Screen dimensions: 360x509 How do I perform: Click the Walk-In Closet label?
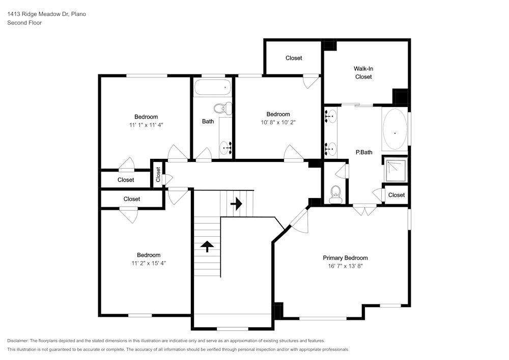point(363,72)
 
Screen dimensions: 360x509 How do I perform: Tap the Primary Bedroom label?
point(345,258)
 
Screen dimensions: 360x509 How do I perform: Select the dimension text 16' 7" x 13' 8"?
point(345,266)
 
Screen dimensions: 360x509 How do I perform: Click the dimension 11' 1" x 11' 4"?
point(146,124)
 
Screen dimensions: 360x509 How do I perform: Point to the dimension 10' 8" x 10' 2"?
point(278,122)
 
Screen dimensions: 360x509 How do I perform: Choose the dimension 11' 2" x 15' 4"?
point(149,263)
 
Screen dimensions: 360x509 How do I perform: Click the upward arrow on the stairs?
point(207,246)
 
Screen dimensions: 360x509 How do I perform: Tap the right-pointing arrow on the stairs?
point(236,204)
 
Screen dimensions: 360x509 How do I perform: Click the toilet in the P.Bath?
point(335,194)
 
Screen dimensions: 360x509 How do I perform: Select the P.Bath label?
point(363,152)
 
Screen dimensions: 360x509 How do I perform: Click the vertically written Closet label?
point(158,175)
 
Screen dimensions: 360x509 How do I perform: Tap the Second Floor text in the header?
point(24,23)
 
